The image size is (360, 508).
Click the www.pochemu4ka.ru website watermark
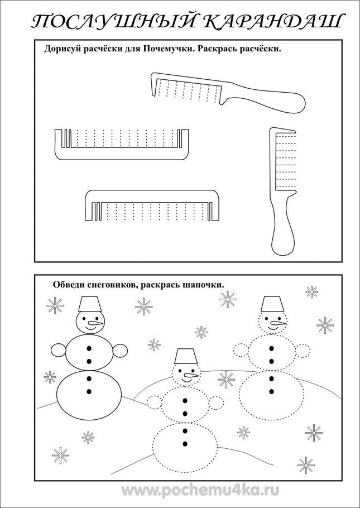tap(200, 491)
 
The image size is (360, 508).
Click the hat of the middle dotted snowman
tap(186, 356)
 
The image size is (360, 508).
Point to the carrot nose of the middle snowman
tap(191, 376)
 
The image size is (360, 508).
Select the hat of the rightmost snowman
tap(272, 304)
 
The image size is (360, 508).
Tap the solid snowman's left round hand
tap(59, 351)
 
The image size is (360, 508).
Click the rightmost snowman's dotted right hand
tap(302, 351)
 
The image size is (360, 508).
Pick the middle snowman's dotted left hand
tap(155, 402)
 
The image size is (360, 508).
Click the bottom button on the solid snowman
tap(89, 391)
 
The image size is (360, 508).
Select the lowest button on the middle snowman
tap(185, 444)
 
